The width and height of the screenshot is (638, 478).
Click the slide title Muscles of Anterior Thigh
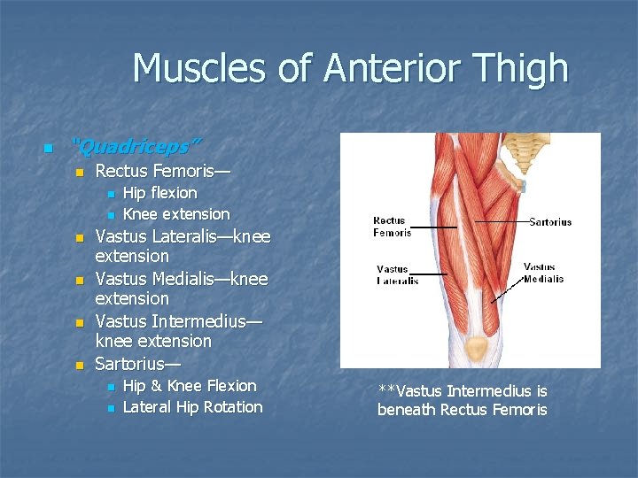tap(350, 68)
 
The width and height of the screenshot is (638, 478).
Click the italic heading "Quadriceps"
tap(136, 144)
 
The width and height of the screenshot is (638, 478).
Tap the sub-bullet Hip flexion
tap(159, 192)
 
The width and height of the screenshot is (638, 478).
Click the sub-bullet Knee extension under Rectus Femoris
tap(175, 213)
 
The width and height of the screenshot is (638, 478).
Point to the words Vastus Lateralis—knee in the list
tap(182, 236)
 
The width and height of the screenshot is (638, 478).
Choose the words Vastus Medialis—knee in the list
tap(181, 279)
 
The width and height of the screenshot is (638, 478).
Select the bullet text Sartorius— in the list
tap(136, 363)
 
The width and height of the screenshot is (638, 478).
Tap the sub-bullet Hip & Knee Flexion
tap(189, 385)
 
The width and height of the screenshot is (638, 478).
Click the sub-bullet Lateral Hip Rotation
tap(192, 406)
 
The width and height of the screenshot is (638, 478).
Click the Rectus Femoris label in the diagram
tap(392, 227)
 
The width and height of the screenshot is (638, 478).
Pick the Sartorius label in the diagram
tap(550, 222)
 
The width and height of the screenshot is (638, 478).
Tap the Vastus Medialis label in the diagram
tap(543, 273)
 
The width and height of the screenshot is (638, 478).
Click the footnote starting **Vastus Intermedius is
tap(462, 400)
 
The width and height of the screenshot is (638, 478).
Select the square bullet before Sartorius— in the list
tap(78, 365)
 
